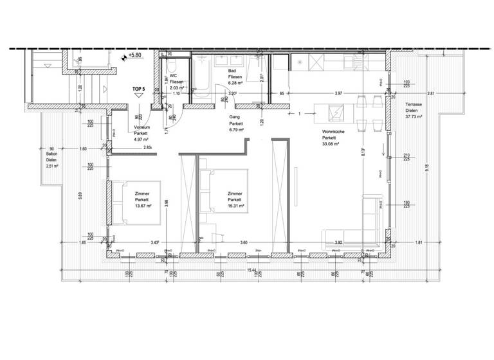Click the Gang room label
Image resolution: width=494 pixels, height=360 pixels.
[x=235, y=118]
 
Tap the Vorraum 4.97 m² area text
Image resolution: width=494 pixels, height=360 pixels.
[x=142, y=139]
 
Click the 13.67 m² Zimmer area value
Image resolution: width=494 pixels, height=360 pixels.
[x=143, y=206]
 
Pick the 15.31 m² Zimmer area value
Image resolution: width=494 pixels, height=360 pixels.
[x=234, y=206]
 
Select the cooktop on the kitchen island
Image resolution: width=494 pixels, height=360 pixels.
[x=336, y=114]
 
